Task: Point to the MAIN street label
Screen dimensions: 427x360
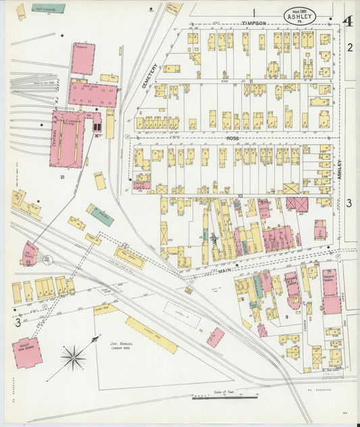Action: coord(224,272)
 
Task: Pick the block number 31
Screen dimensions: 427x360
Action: coord(61,177)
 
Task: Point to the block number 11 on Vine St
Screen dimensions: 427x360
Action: coord(251,81)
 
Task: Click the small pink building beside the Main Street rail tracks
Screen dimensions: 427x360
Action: coord(215,337)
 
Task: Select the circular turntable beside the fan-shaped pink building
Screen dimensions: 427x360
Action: coord(47,259)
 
